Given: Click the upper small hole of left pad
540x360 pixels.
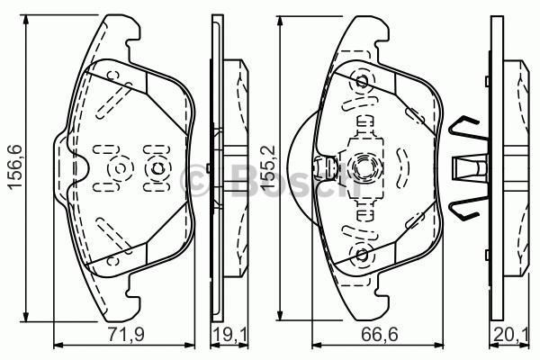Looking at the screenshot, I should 114,76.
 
